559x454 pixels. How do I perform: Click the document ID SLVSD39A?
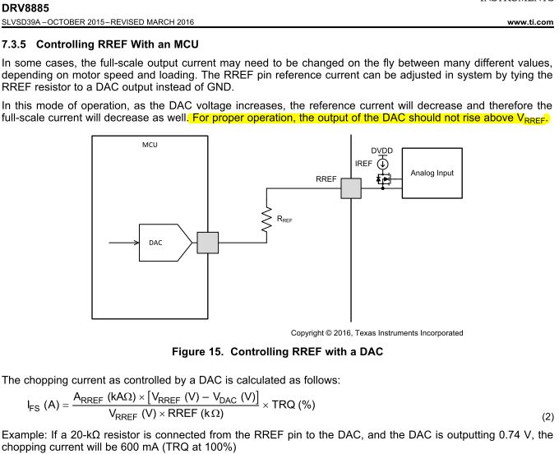(x=29, y=24)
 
